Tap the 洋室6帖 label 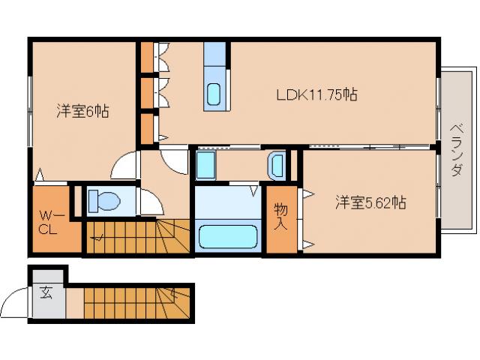82,112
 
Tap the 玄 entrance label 46,293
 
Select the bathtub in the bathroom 228,237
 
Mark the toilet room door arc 150,201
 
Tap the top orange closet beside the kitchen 146,55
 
